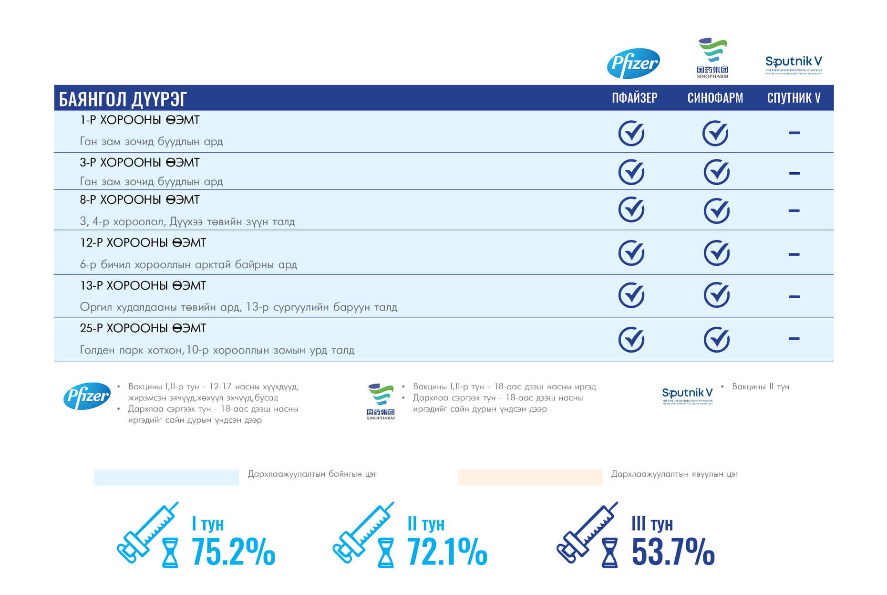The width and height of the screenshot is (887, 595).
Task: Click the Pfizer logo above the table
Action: click(633, 63)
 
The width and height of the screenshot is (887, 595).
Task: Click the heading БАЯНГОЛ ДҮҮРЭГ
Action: click(123, 99)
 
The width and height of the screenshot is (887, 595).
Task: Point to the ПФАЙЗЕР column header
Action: click(634, 98)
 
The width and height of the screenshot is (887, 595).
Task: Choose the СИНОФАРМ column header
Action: click(715, 98)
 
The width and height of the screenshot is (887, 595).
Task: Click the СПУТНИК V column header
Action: click(794, 98)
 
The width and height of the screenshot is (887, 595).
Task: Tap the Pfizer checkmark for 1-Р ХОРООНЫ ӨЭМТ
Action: click(631, 133)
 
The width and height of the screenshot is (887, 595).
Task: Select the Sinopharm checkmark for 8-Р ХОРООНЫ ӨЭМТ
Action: click(716, 210)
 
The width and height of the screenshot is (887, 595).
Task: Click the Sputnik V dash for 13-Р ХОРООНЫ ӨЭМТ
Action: click(794, 296)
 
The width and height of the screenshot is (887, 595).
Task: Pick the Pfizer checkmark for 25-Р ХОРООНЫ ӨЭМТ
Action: click(631, 339)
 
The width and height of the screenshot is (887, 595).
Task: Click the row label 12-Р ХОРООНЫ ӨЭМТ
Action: click(143, 243)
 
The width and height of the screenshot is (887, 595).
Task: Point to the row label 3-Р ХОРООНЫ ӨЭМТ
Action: click(140, 163)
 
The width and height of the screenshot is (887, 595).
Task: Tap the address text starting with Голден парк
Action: click(217, 350)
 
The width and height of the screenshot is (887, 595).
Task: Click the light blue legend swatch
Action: click(166, 477)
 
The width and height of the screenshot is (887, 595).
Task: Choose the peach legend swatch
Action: click(529, 477)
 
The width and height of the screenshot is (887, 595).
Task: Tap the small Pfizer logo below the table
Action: click(87, 396)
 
